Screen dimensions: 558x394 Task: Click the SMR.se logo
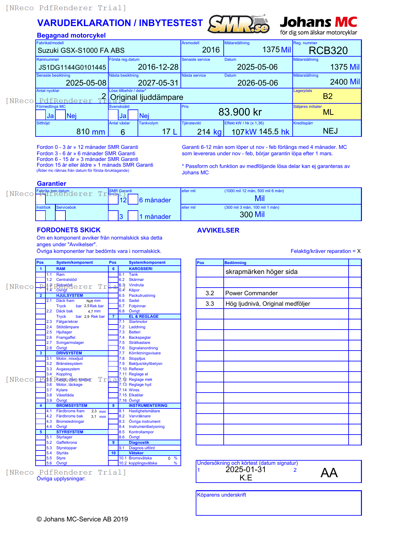[239, 24]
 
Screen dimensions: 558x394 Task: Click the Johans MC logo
[318, 25]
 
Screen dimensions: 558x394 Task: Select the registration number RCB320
[328, 51]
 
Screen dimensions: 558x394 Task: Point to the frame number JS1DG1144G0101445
[72, 67]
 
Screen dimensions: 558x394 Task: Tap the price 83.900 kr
[240, 112]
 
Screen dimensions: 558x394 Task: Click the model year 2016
[211, 50]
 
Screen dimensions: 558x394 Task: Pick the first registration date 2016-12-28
[158, 67]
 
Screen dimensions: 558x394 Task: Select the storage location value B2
[327, 96]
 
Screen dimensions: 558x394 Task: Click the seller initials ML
[328, 112]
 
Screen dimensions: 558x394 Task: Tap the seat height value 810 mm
[91, 132]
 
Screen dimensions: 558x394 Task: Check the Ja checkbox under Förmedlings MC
[41, 115]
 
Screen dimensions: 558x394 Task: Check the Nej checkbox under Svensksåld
[133, 115]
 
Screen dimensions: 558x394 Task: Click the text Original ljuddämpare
[146, 97]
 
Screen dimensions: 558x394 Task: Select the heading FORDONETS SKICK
[69, 230]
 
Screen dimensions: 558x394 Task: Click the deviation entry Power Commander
[251, 293]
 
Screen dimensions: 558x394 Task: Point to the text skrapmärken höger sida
[261, 272]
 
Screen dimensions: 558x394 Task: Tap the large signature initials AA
[329, 473]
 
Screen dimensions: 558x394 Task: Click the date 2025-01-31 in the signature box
[246, 470]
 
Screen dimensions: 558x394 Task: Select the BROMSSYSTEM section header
[71, 406]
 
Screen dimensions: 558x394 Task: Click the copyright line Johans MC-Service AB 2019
[82, 519]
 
